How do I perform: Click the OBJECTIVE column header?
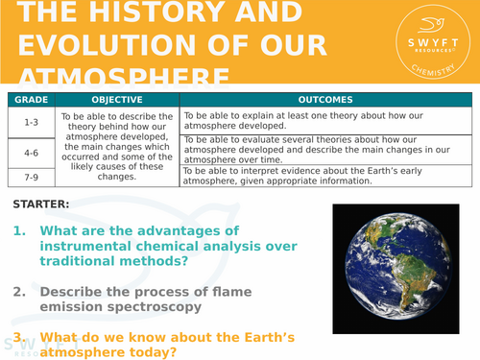click(117, 100)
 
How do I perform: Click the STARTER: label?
click(42, 204)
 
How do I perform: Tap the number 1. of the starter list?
click(21, 231)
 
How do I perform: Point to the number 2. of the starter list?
click(20, 291)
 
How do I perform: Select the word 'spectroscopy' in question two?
click(155, 306)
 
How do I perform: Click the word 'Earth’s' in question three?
click(235, 337)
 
